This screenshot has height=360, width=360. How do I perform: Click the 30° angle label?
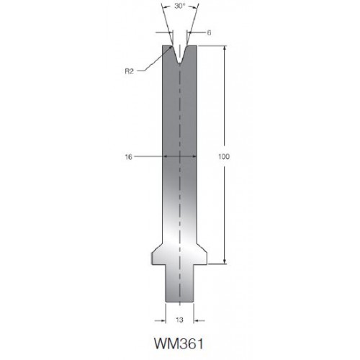tap(180, 6)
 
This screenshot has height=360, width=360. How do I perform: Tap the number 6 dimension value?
tap(209, 32)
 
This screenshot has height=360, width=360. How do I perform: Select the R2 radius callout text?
tap(129, 71)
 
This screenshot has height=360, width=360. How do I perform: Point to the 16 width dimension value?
tap(129, 157)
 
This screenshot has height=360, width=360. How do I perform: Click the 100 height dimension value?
tap(224, 157)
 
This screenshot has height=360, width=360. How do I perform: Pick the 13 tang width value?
tap(179, 320)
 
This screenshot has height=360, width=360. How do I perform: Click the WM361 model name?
tap(179, 343)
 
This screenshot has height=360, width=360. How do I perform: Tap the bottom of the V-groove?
tap(179, 63)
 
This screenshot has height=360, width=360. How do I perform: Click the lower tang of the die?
tap(179, 283)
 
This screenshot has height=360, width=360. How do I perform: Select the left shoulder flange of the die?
tap(157, 256)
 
